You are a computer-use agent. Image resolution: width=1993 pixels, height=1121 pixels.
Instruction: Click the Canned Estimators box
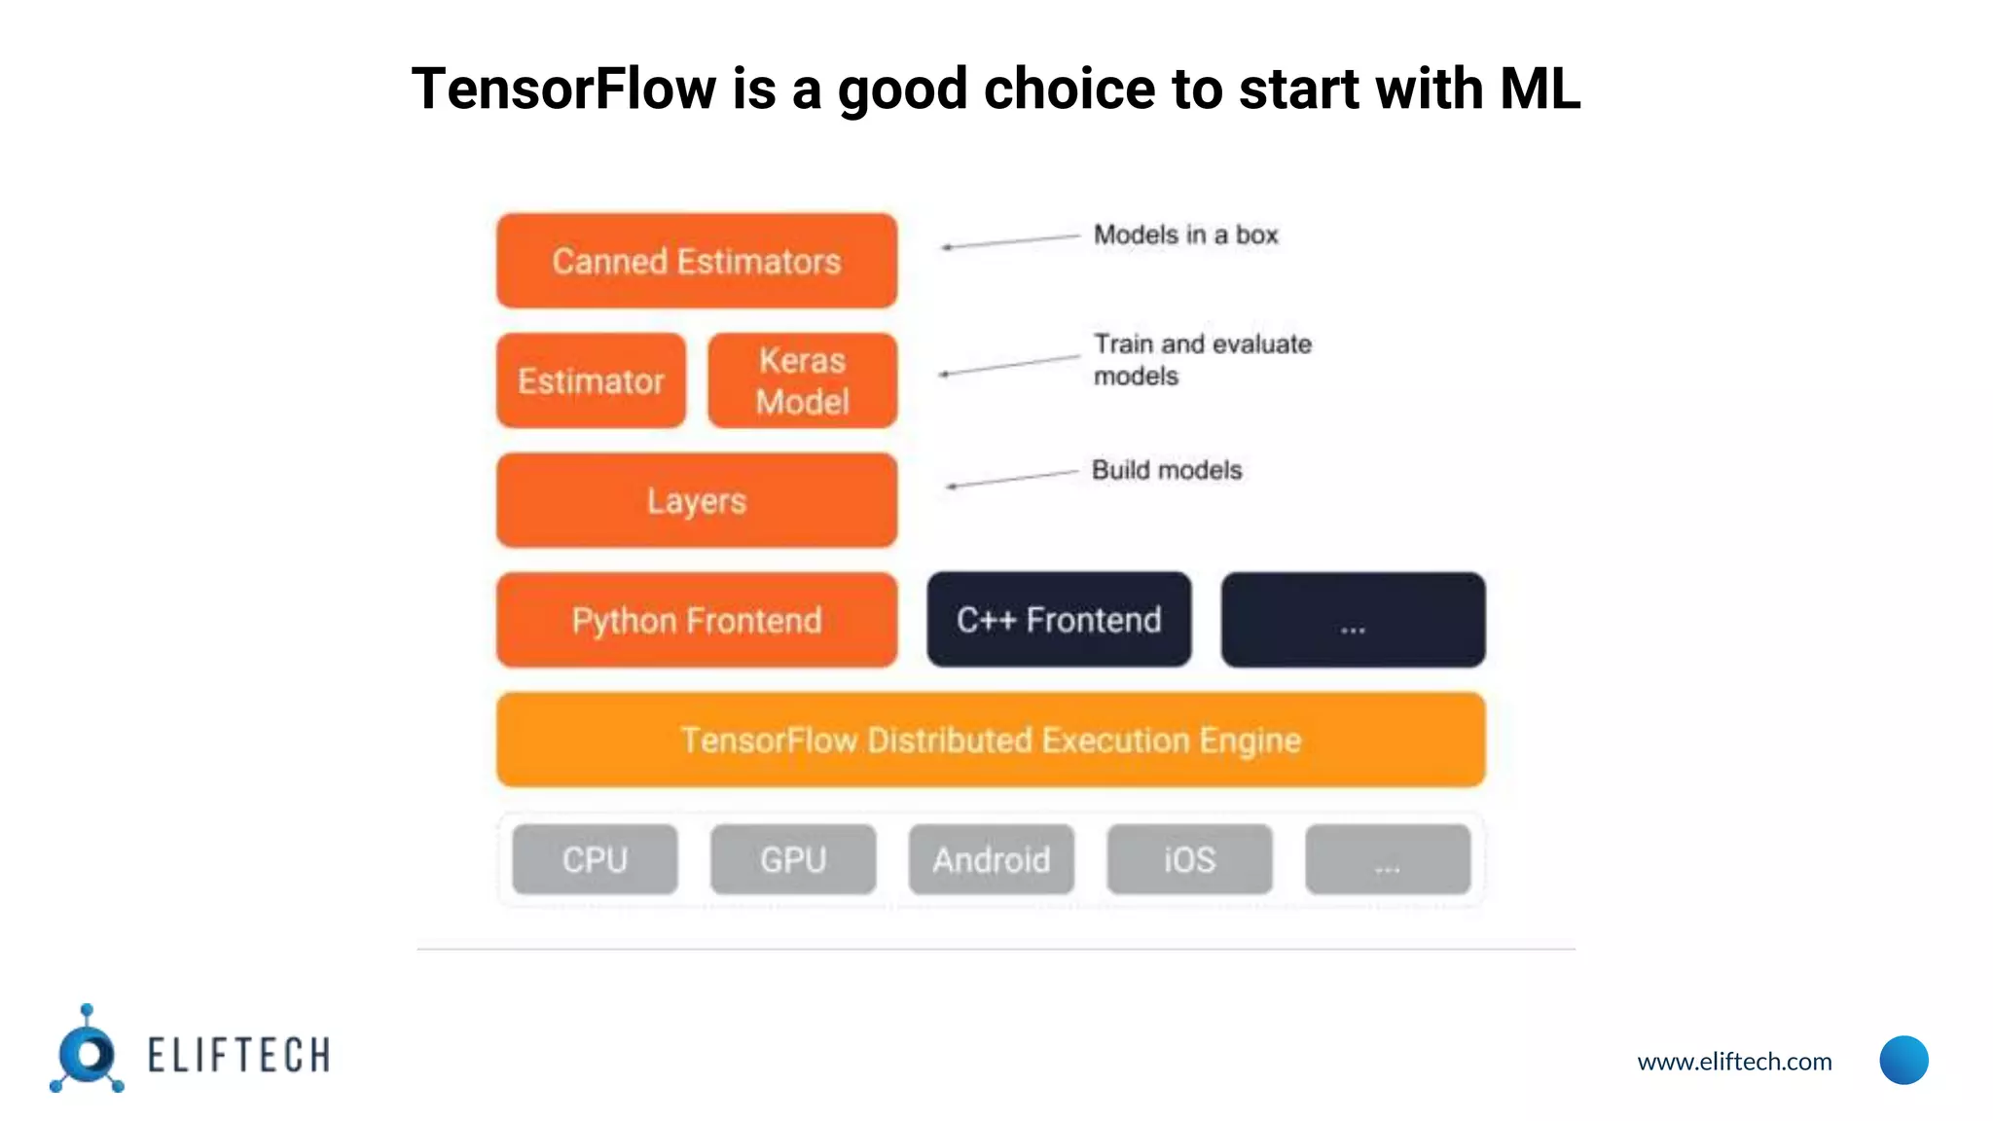[x=696, y=261]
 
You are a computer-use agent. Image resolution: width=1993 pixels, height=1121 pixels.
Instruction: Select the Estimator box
[x=591, y=380]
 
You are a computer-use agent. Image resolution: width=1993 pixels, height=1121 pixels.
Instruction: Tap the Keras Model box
[x=802, y=380]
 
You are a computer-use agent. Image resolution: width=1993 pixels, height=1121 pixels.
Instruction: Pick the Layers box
[x=696, y=500]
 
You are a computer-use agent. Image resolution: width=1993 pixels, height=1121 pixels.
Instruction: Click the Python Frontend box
[x=696, y=620]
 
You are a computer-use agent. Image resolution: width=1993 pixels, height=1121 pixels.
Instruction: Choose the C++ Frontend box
[x=1059, y=620]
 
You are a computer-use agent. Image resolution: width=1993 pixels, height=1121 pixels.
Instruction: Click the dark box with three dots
[x=1353, y=620]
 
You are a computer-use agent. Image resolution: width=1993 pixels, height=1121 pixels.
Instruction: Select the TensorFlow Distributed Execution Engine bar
[x=991, y=740]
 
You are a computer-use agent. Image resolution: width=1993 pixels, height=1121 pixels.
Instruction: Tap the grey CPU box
[x=595, y=859]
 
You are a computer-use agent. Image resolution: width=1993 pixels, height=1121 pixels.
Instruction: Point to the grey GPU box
[x=793, y=859]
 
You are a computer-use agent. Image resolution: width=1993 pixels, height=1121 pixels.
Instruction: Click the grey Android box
[x=991, y=859]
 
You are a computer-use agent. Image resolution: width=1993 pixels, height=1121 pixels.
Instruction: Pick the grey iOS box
[x=1189, y=859]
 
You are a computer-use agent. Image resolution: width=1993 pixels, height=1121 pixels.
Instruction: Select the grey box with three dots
[x=1388, y=859]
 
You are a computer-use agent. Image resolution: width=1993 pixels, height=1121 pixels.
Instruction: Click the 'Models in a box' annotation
[x=1185, y=235]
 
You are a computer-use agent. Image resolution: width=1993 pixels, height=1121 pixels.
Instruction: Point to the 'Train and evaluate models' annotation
[x=1202, y=359]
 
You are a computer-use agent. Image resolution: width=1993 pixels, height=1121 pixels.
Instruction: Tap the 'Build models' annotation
[x=1167, y=470]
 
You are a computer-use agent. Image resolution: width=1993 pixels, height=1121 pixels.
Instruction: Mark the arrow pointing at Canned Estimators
[x=1010, y=241]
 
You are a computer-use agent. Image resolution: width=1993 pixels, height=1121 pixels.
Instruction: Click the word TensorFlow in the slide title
[x=563, y=89]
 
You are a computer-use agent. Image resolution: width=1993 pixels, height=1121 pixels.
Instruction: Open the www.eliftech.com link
[x=1734, y=1061]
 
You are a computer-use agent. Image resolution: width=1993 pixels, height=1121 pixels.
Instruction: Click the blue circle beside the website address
[x=1903, y=1060]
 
